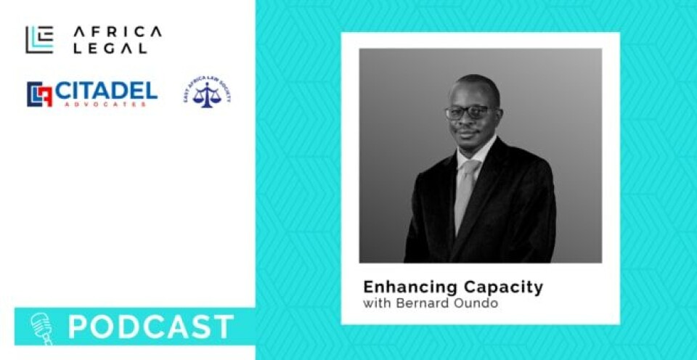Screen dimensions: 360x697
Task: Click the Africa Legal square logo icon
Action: (39, 39)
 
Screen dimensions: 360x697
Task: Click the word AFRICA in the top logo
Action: (117, 31)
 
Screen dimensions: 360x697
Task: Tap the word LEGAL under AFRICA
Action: (110, 48)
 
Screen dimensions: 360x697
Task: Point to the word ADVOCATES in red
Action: (105, 104)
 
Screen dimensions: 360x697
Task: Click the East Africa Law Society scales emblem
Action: (207, 94)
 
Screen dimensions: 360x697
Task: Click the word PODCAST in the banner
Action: (151, 327)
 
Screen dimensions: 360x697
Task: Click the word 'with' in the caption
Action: (375, 303)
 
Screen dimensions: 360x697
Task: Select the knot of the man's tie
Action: (468, 166)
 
